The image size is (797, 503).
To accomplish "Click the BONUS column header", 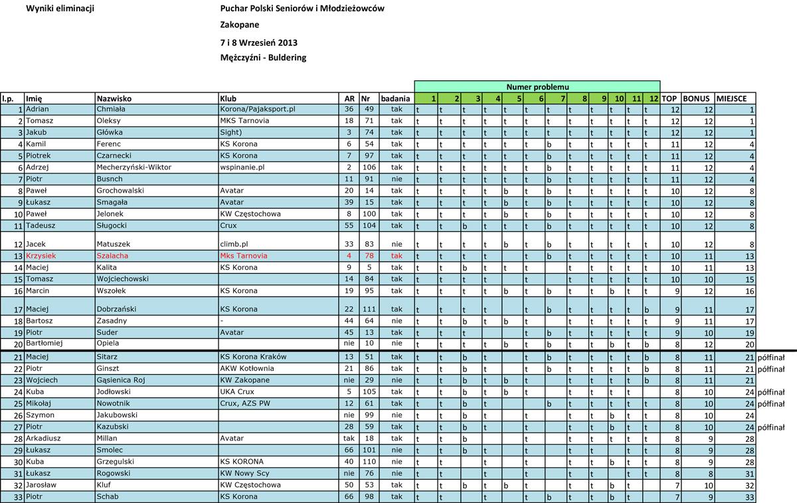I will click(698, 98).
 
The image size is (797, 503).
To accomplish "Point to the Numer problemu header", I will click(537, 87).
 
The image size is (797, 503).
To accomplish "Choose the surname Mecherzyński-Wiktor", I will click(134, 167).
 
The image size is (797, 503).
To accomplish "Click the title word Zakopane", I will click(240, 25).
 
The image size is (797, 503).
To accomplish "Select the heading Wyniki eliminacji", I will click(60, 9).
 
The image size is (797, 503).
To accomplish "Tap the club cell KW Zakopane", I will click(244, 380).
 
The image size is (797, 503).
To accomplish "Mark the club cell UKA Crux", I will click(236, 392).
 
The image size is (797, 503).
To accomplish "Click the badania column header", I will click(397, 98).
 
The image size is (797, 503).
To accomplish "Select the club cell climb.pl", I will click(234, 245).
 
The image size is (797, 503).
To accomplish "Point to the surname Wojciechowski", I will click(123, 279).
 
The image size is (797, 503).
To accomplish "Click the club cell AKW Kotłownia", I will click(248, 369).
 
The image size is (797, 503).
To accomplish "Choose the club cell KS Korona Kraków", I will click(254, 357).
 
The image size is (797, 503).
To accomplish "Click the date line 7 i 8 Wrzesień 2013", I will click(258, 43).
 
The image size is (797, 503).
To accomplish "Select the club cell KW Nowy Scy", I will click(245, 473).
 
